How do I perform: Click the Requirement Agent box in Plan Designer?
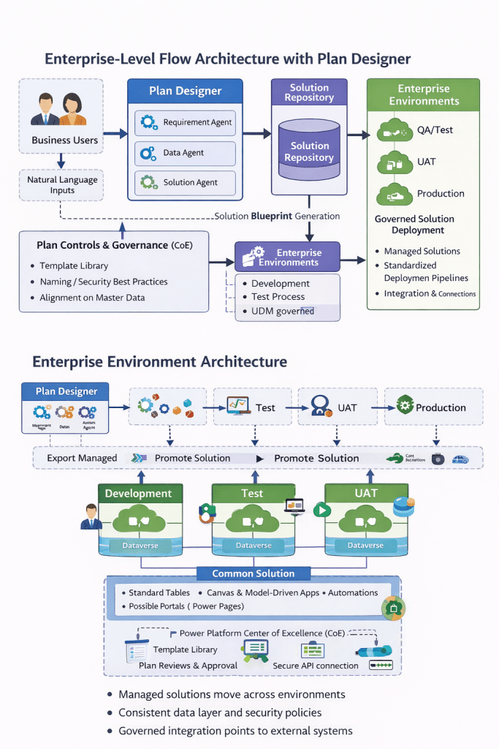tap(186, 123)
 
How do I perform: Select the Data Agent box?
tap(186, 153)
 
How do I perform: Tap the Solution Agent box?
tap(186, 182)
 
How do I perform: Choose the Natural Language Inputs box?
tap(61, 185)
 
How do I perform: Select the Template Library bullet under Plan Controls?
tap(74, 266)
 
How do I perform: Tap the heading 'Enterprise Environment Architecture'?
tap(160, 361)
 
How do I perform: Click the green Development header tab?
tap(138, 494)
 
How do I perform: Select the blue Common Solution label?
tap(253, 573)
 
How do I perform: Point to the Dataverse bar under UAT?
tap(365, 545)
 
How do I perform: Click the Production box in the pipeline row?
tap(433, 407)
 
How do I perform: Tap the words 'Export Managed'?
tap(82, 458)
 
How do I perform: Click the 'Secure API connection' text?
tap(316, 666)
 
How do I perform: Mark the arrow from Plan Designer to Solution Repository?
tap(256, 134)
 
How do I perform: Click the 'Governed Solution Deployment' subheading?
tap(414, 225)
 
